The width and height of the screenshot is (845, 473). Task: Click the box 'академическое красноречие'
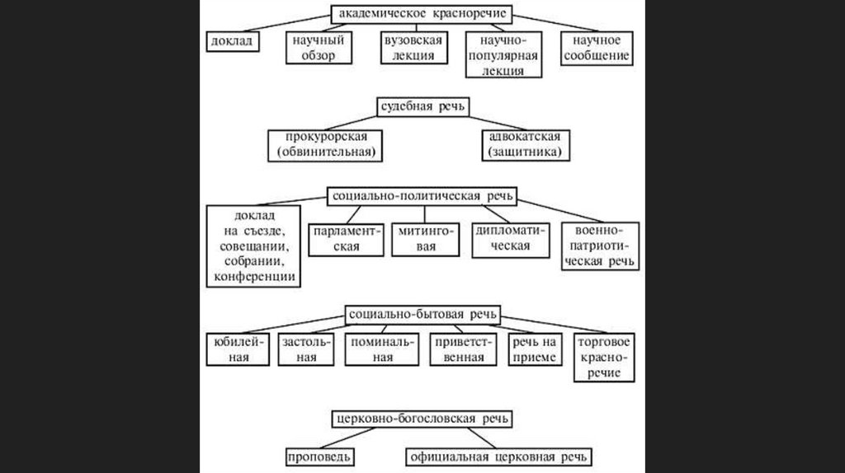coord(422,14)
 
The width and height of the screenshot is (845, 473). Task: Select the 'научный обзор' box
coord(316,49)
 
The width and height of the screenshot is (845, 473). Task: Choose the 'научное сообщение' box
coord(597,49)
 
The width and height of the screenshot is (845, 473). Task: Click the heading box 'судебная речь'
coord(422,107)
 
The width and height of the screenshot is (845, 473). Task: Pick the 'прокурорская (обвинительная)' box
coord(327,145)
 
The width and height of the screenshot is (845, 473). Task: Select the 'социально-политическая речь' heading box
coord(422,197)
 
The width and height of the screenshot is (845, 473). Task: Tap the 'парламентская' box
coord(346,239)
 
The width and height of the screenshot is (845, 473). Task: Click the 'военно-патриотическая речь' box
coord(599,246)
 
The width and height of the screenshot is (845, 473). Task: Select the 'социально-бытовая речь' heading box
coord(422,315)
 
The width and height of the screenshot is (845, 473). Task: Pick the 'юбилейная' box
coord(238,349)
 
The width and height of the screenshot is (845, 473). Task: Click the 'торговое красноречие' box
coord(606,357)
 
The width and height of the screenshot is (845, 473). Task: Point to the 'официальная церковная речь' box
coord(501,457)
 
